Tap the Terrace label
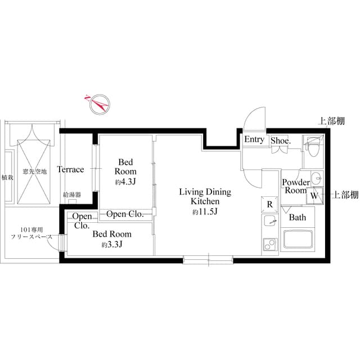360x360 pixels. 70,169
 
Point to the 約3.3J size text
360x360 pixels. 112,245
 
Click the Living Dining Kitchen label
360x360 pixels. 205,196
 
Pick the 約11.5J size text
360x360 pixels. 205,211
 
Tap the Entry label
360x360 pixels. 254,139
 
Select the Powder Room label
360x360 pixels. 295,186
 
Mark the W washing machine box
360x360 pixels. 314,196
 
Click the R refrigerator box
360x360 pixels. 269,204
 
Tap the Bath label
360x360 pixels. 297,217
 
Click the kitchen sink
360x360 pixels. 269,222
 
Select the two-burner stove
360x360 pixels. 268,245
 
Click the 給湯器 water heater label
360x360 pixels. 73,195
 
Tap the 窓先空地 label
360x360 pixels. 34,170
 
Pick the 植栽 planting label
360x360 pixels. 7,177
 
